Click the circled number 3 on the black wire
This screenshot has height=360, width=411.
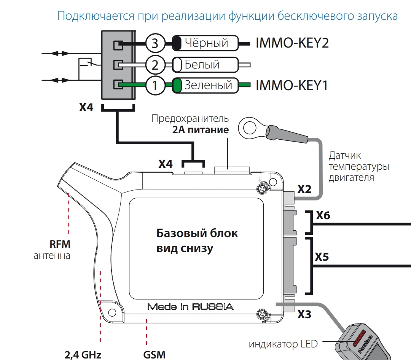click(155, 43)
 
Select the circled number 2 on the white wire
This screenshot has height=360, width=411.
click(155, 65)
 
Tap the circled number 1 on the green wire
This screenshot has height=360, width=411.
click(155, 86)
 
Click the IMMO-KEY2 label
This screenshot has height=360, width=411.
click(292, 43)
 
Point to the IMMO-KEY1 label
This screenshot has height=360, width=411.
click(292, 86)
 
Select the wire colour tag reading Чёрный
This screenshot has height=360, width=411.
click(205, 43)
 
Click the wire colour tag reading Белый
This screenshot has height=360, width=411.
click(202, 65)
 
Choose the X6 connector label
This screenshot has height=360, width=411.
click(323, 216)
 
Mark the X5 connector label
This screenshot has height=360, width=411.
click(322, 257)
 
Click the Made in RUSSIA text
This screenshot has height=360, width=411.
click(190, 307)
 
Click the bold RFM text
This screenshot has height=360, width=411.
click(60, 244)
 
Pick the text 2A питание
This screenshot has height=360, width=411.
click(201, 130)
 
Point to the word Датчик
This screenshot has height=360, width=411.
click(345, 156)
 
